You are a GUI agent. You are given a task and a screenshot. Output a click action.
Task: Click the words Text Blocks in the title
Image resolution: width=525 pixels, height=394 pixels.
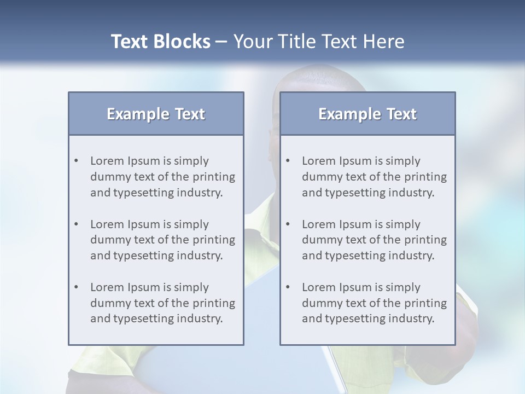161,42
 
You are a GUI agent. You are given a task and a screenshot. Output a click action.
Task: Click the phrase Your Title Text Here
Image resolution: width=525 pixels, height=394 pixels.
319,42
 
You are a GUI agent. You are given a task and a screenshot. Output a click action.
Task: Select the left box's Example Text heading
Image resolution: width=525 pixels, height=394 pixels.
156,114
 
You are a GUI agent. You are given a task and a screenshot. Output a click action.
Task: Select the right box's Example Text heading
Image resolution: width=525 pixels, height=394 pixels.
367,114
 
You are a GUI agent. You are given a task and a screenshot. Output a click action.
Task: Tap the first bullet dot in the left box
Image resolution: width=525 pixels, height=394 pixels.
77,161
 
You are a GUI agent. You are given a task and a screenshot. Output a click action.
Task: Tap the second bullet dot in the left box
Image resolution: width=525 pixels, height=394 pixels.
77,224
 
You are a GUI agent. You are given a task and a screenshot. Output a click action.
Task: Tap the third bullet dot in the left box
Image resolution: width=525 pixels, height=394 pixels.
77,287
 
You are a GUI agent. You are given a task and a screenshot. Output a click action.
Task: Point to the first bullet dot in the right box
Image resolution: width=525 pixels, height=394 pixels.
288,161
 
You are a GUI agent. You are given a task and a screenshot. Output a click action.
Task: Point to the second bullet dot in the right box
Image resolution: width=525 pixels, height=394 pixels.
288,224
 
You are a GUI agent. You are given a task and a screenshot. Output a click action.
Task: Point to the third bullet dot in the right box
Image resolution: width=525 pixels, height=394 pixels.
288,287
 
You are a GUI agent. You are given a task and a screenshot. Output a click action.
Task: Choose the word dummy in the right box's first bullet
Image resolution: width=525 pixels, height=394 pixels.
320,177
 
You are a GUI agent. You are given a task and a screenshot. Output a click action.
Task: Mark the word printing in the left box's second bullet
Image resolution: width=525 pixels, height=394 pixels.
215,240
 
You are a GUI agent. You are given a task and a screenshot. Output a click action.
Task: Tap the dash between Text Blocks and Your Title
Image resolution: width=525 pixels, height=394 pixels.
221,42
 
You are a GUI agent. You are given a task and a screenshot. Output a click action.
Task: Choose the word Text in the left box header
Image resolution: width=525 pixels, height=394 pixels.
190,114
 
